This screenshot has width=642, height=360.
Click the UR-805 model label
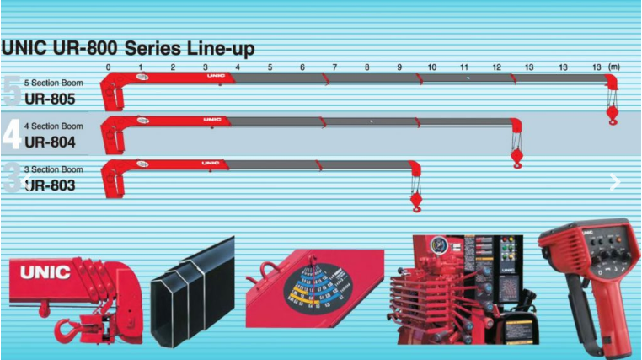pos(51,99)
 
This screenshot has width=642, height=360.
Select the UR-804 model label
pos(51,142)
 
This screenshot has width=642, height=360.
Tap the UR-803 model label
pos(51,185)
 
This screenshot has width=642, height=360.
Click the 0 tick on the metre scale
pos(109,67)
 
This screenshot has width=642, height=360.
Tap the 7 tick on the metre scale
pos(334,67)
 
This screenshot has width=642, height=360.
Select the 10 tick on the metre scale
pos(431,67)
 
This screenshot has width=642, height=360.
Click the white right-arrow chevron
pos(615,181)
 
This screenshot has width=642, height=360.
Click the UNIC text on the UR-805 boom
pos(214,76)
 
